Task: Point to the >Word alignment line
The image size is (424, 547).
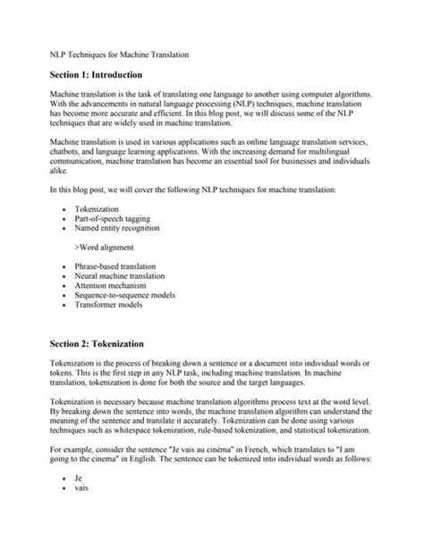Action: [x=105, y=247]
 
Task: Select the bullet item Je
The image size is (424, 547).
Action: [x=80, y=479]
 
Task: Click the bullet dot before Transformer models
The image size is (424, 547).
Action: [x=65, y=305]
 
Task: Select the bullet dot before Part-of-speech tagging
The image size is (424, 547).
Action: [x=65, y=219]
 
